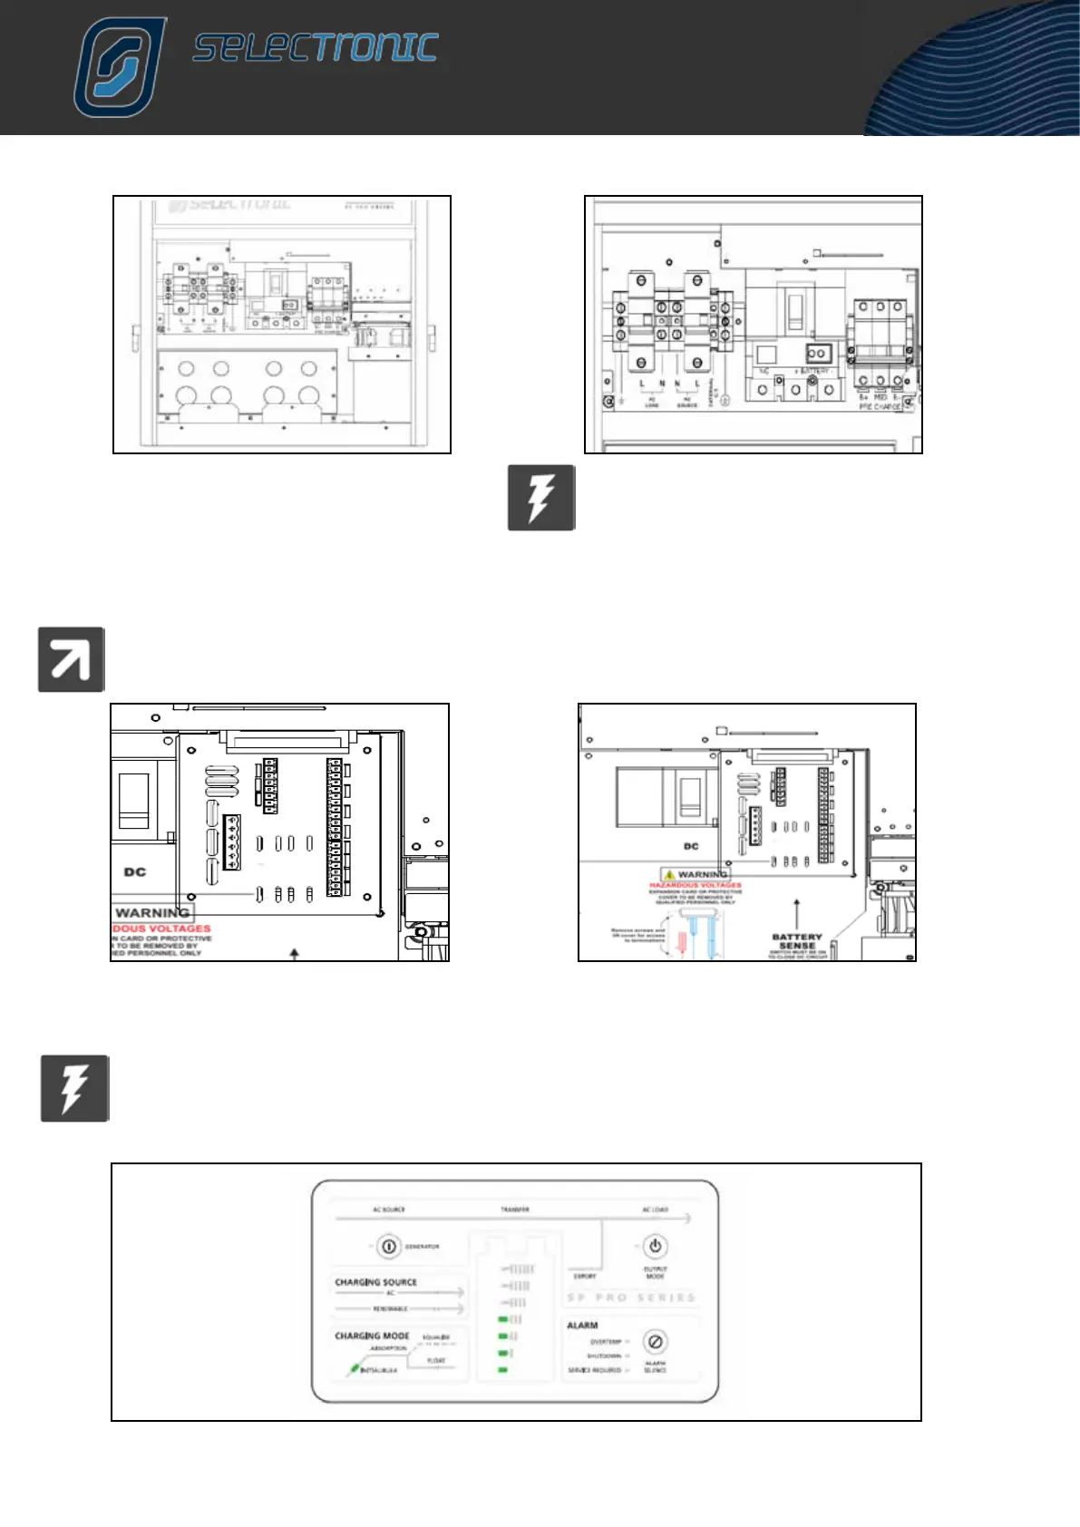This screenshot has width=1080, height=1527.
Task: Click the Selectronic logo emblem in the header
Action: pos(120,68)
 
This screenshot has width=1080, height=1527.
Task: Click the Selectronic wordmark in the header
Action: pos(316,48)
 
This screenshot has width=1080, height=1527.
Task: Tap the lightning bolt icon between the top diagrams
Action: pos(541,497)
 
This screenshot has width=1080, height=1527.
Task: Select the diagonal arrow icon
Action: pos(71,659)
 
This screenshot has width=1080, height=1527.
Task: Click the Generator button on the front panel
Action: pos(388,1247)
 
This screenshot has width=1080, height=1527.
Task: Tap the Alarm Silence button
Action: pos(655,1341)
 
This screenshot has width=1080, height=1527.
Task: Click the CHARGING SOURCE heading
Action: pos(375,1282)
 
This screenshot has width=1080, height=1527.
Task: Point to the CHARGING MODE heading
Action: pos(372,1336)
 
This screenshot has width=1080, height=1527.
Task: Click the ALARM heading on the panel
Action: pos(582,1325)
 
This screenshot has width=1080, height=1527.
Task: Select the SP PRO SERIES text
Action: pos(631,1298)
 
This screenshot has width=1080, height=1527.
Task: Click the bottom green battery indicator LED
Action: pos(503,1370)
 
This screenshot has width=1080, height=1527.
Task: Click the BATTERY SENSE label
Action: pos(797,941)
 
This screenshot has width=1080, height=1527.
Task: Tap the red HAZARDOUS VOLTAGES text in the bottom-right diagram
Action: pos(696,885)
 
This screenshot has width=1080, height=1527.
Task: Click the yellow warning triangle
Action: pos(669,875)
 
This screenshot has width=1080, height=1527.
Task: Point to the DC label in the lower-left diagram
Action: pos(135,872)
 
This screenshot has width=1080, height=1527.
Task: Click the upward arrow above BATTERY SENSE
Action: pos(796,913)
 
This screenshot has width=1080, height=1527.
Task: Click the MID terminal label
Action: pos(881,397)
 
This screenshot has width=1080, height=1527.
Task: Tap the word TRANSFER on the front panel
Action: pos(515,1210)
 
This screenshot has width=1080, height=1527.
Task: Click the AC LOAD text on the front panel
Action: pos(655,1210)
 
